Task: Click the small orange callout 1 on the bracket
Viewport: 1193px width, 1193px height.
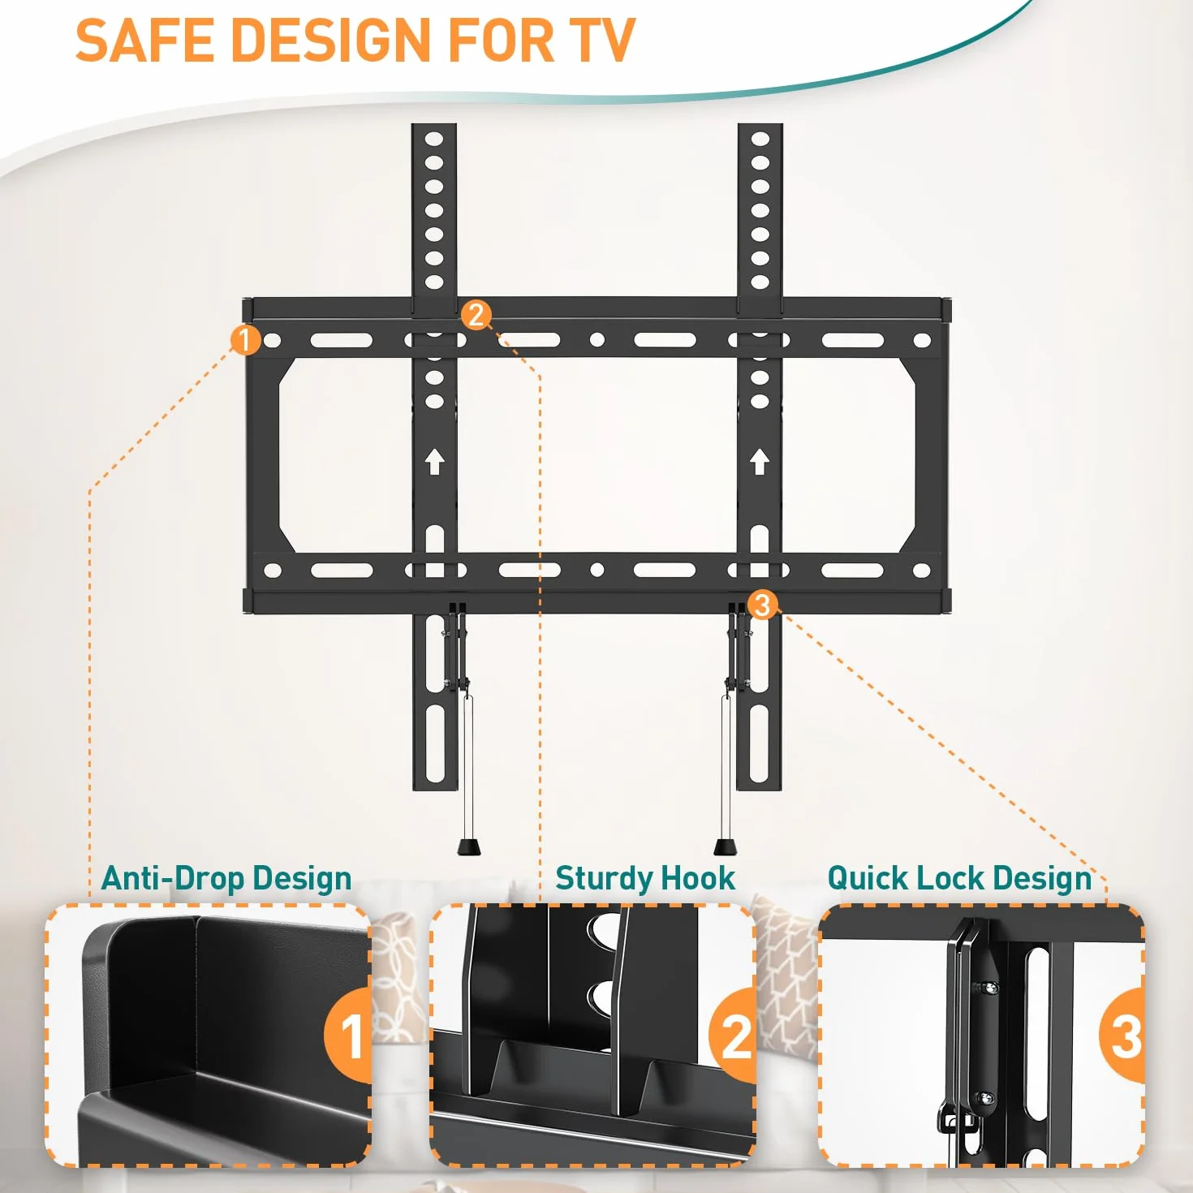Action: point(245,339)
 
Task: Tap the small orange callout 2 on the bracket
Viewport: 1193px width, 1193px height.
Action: point(476,315)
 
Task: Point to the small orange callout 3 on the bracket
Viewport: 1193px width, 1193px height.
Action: point(763,605)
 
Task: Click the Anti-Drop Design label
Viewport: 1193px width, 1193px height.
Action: point(226,878)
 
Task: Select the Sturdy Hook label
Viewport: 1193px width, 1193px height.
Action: point(645,878)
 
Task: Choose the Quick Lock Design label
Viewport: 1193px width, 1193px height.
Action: point(959,878)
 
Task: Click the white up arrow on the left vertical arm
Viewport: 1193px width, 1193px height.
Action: point(435,462)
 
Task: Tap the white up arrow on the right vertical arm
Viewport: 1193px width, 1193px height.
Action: point(760,462)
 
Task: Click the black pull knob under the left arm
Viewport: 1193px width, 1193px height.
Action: point(468,847)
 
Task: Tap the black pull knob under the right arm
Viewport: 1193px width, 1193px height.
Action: point(725,847)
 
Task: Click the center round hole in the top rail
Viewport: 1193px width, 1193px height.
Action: point(596,339)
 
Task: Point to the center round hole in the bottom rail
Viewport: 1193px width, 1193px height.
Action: point(596,570)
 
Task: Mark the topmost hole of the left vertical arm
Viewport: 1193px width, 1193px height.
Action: point(434,139)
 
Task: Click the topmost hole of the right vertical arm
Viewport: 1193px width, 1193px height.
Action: point(760,139)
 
